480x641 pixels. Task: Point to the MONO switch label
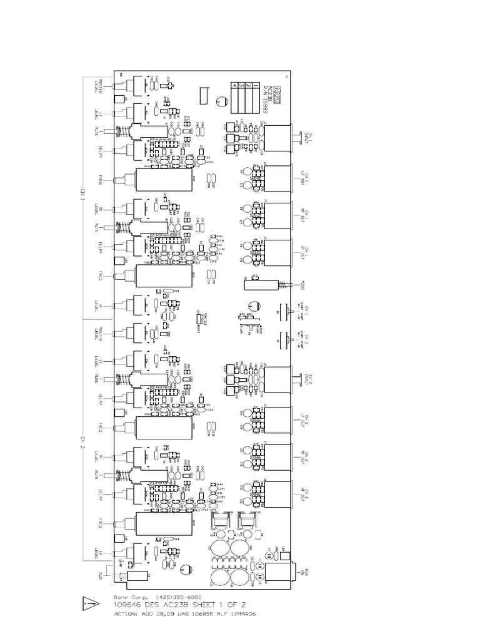click(302, 285)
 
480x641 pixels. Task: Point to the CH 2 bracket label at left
click(81, 441)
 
